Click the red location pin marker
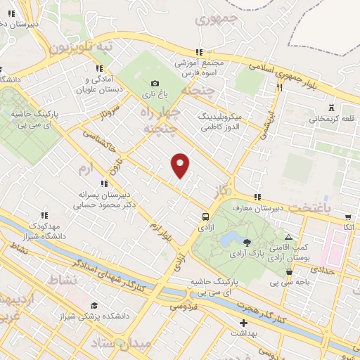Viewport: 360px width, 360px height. click(x=181, y=165)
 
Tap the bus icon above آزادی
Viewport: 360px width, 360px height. click(x=206, y=217)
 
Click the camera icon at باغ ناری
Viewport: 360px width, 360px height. click(x=155, y=83)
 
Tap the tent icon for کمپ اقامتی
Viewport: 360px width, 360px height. click(x=289, y=237)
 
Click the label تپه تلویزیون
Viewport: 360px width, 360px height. click(x=81, y=47)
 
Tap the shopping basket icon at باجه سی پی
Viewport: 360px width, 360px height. click(x=289, y=273)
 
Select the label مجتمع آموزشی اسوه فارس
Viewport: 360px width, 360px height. click(x=200, y=67)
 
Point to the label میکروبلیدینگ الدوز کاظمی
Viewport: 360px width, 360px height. click(x=220, y=120)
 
